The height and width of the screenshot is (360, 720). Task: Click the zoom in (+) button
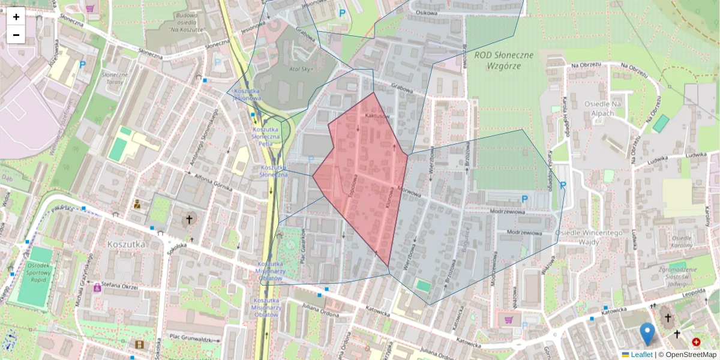coord(16,17)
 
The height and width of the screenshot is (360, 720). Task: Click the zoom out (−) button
coord(16,35)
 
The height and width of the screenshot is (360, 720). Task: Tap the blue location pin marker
coord(647,334)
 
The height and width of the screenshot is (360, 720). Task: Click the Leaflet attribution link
coord(641,355)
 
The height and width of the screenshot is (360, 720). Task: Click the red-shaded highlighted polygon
coord(363,180)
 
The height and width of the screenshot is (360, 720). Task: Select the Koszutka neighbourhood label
coord(124,245)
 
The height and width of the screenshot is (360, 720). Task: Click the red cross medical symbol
coord(696,342)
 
